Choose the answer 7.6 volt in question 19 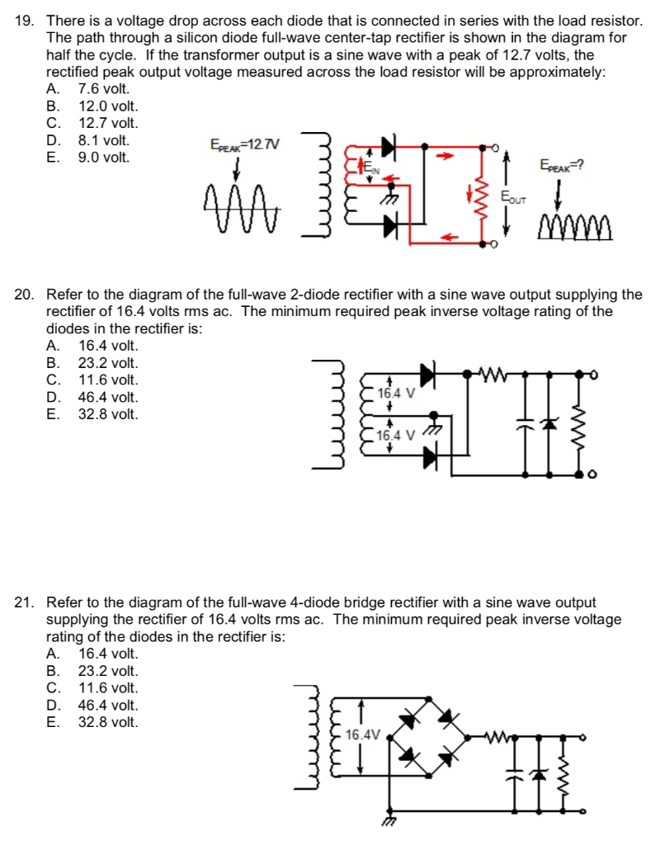click(x=103, y=88)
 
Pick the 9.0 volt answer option click(x=103, y=157)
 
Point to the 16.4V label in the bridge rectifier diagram click(x=363, y=734)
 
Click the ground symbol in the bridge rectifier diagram click(x=388, y=821)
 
